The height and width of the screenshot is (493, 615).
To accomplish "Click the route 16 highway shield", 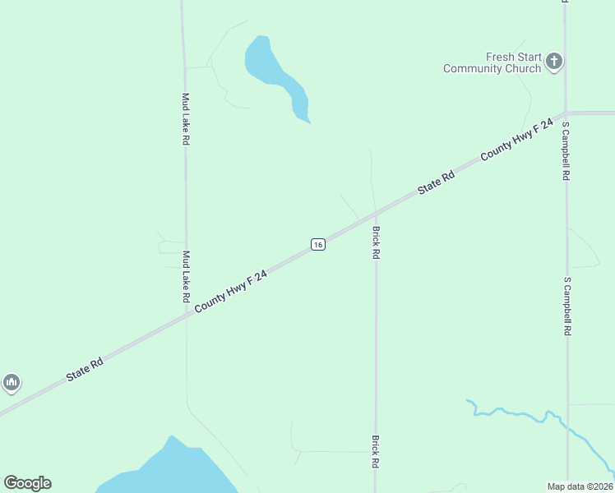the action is tap(318, 244).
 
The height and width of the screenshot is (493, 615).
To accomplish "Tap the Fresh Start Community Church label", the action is tap(492, 62).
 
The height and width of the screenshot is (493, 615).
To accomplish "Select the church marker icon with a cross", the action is tap(554, 62).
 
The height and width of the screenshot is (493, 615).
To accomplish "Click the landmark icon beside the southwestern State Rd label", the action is tap(12, 382).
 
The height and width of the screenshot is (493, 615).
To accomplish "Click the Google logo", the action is tap(27, 483).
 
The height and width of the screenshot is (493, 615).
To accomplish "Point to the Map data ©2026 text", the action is tap(580, 486).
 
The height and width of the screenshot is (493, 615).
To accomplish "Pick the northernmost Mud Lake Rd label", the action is tap(186, 119).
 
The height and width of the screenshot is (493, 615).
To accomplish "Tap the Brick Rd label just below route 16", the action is tap(376, 243).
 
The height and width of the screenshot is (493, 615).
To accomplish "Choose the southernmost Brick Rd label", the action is tap(375, 452).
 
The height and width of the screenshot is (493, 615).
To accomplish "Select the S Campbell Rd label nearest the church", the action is tap(566, 152).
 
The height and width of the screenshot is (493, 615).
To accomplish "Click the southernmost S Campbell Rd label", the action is tap(566, 306).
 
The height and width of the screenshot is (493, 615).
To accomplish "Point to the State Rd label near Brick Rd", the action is tap(436, 182).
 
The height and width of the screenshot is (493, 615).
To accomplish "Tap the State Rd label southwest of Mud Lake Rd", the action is tap(86, 369).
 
